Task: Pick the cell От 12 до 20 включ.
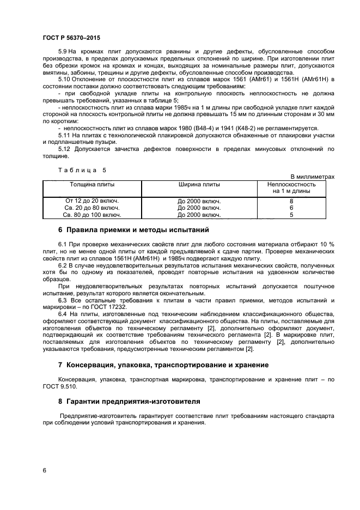pyautogui.click(x=92, y=201)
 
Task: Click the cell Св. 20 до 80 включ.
pyautogui.click(x=92, y=208)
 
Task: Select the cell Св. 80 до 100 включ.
pyautogui.click(x=92, y=215)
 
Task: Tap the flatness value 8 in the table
pyautogui.click(x=291, y=201)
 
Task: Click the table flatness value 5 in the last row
pyautogui.click(x=291, y=215)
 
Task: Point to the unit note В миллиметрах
pyautogui.click(x=312, y=177)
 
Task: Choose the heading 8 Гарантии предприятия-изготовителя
pyautogui.click(x=129, y=402)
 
